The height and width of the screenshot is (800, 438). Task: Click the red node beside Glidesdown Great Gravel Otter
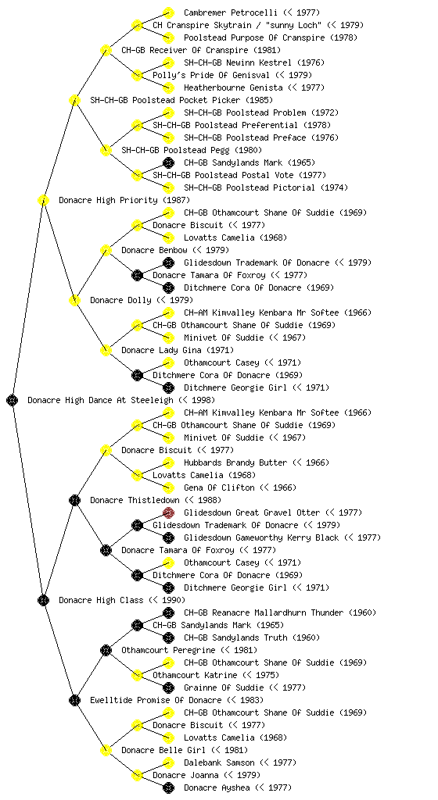pyautogui.click(x=168, y=512)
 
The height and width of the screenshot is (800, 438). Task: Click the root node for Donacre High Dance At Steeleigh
pyautogui.click(x=13, y=400)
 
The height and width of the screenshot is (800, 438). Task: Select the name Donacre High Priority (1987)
pyautogui.click(x=124, y=200)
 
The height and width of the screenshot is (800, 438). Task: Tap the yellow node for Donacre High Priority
pyautogui.click(x=43, y=200)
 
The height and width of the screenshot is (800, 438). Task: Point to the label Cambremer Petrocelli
pyautogui.click(x=231, y=12)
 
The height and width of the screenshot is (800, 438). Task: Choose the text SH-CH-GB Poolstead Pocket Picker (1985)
pyautogui.click(x=181, y=100)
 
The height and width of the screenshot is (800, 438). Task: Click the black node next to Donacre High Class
pyautogui.click(x=43, y=600)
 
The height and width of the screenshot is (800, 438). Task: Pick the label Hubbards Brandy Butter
pyautogui.click(x=235, y=462)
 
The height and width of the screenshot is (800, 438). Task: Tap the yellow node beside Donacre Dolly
pyautogui.click(x=74, y=300)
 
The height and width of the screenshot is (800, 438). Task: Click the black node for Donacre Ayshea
pyautogui.click(x=168, y=787)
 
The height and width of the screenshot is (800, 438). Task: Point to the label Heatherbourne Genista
pyautogui.click(x=233, y=87)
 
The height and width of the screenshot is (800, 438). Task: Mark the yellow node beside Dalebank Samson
pyautogui.click(x=168, y=762)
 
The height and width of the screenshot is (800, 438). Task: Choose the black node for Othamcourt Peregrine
pyautogui.click(x=106, y=650)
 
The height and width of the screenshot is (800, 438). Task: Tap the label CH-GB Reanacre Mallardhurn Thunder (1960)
pyautogui.click(x=280, y=612)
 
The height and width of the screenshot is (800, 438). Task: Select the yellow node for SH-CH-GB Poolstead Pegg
pyautogui.click(x=106, y=150)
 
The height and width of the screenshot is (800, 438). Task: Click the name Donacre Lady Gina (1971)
pyautogui.click(x=178, y=350)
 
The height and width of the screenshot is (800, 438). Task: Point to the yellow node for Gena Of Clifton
pyautogui.click(x=168, y=487)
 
